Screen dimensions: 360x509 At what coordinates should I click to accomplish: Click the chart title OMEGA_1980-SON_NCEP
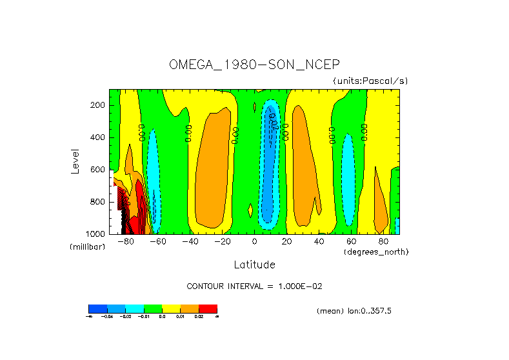pos(254,65)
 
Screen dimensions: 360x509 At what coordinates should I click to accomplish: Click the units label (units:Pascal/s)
pos(370,81)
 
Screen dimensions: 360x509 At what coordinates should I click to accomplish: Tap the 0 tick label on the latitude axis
pos(254,241)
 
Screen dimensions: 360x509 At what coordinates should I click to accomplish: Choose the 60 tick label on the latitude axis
pos(351,241)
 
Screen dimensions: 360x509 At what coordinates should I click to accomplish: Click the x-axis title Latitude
pos(254,265)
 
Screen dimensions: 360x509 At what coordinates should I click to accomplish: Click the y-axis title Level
pos(75,161)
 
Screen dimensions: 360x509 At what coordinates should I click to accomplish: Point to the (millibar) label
pos(87,247)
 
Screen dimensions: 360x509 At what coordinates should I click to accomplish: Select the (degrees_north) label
pos(375,251)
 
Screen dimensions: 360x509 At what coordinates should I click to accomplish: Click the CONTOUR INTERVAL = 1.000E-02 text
pos(254,286)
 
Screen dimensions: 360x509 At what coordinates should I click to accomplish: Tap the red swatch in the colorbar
pos(208,308)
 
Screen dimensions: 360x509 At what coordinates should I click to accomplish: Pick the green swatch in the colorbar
pos(153,308)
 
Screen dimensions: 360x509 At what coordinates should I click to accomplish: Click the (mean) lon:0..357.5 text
pos(354,311)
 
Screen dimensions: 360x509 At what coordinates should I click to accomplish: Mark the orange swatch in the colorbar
pos(190,308)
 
